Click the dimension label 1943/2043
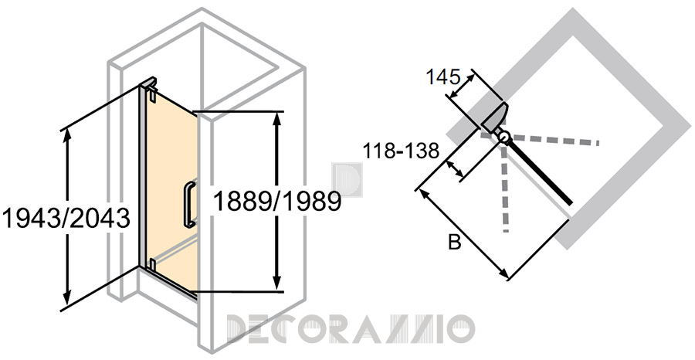pyautogui.click(x=66, y=218)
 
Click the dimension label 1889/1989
pyautogui.click(x=276, y=202)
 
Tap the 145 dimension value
pyautogui.click(x=442, y=77)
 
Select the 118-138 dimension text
pyautogui.click(x=401, y=151)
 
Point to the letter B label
pyautogui.click(x=455, y=243)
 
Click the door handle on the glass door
pyautogui.click(x=189, y=204)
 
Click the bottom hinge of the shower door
pyautogui.click(x=151, y=264)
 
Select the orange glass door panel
pyautogui.click(x=168, y=186)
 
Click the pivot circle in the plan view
pyautogui.click(x=504, y=138)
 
